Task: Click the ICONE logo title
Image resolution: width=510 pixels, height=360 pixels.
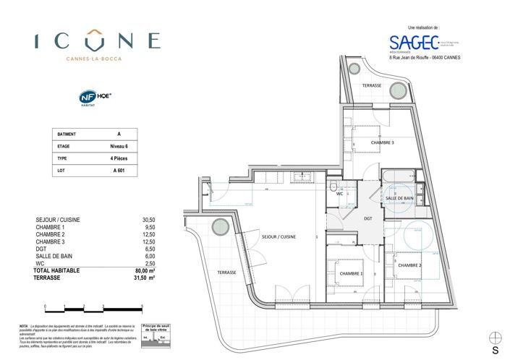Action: pyautogui.click(x=97, y=40)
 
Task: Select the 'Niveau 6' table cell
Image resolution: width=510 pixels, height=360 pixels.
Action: pyautogui.click(x=119, y=146)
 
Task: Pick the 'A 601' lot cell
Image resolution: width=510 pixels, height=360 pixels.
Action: pyautogui.click(x=119, y=171)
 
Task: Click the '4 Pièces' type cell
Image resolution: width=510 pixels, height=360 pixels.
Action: pyautogui.click(x=119, y=158)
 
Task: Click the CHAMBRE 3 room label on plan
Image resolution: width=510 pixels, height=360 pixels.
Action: pyautogui.click(x=382, y=143)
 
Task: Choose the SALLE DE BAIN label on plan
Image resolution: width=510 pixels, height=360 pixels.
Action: pyautogui.click(x=399, y=197)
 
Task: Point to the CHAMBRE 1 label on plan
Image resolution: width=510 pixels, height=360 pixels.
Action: pyautogui.click(x=351, y=273)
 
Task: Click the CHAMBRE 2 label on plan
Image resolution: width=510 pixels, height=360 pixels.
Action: pyautogui.click(x=410, y=265)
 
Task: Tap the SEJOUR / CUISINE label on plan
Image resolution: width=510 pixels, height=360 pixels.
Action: pyautogui.click(x=279, y=236)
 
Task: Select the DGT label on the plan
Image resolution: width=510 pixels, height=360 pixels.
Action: pyautogui.click(x=367, y=218)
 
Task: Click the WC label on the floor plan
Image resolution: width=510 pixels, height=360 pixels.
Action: pyautogui.click(x=339, y=194)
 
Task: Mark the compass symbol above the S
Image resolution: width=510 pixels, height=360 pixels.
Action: pyautogui.click(x=496, y=338)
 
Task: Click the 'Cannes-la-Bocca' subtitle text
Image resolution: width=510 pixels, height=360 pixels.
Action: pyautogui.click(x=97, y=59)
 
